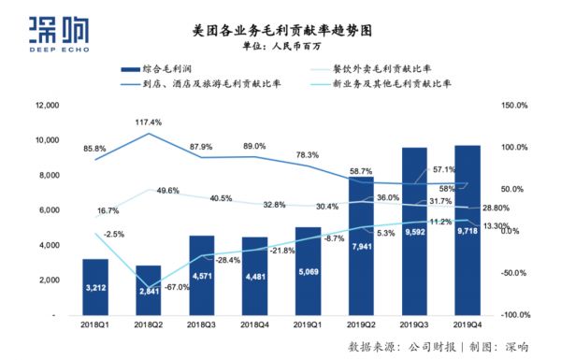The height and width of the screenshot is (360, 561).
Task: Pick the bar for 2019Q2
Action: [x=361, y=247]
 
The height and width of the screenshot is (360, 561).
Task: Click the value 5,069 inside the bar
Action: [x=308, y=274]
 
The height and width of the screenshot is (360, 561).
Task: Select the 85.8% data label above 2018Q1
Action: [x=93, y=149]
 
